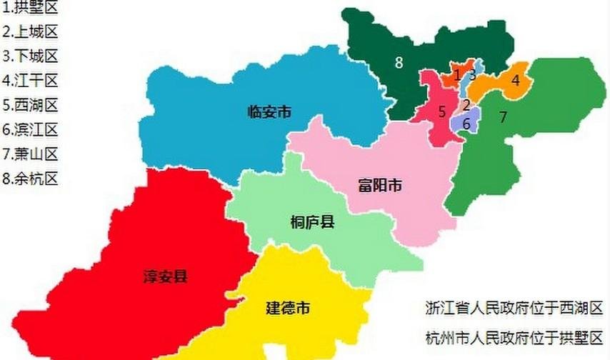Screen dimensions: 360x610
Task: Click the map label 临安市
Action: point(269,111)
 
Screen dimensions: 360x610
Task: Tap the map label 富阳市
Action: point(379,187)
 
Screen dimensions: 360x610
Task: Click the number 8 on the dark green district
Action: point(399,62)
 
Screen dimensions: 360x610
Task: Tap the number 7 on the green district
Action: point(503,117)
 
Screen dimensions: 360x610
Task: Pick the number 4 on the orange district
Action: point(515,81)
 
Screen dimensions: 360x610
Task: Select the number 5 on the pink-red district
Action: point(442,111)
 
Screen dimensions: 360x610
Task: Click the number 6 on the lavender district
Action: point(466,124)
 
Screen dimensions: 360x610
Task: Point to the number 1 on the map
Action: point(457,75)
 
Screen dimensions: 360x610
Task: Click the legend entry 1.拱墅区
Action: point(30,9)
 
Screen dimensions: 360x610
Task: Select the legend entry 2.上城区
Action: point(30,32)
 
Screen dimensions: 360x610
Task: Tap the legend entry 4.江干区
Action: point(30,81)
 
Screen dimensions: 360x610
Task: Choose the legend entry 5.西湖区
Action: point(30,105)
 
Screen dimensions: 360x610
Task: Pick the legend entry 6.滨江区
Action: point(30,129)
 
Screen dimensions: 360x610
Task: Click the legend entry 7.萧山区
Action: point(30,154)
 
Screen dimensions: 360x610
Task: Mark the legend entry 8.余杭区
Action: point(30,178)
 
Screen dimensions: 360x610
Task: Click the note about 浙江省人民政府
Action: point(514,309)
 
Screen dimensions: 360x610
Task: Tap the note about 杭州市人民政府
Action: point(514,338)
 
